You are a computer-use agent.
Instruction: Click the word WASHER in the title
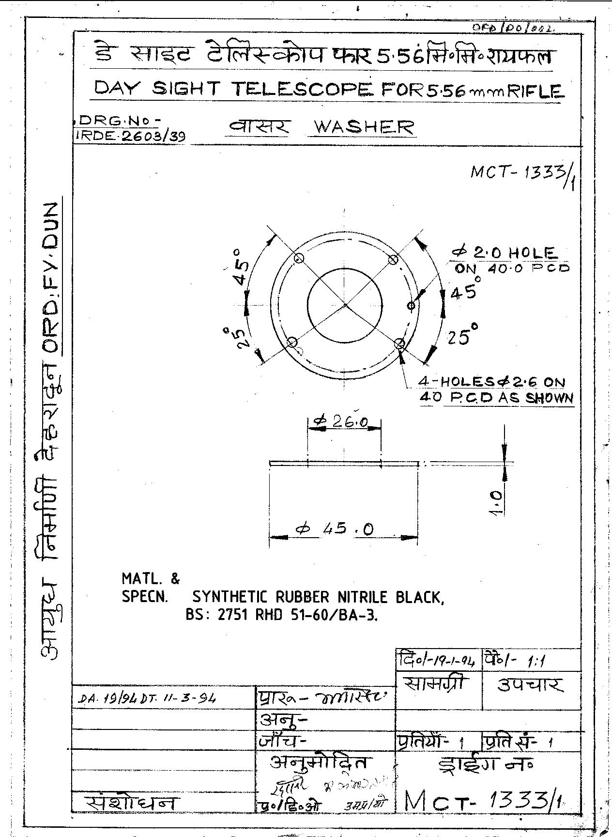(x=364, y=127)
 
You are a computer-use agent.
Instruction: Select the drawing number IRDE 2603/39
(x=131, y=136)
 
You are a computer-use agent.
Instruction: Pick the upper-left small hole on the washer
(x=298, y=257)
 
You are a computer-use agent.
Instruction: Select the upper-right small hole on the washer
(x=393, y=260)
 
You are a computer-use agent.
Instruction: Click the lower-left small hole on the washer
(x=292, y=343)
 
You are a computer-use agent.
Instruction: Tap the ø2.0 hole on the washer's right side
(x=411, y=306)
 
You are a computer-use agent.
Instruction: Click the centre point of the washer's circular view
(x=344, y=305)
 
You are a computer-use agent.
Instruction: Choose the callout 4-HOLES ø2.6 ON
(x=492, y=382)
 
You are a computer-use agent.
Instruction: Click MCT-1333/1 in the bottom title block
(x=484, y=802)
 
